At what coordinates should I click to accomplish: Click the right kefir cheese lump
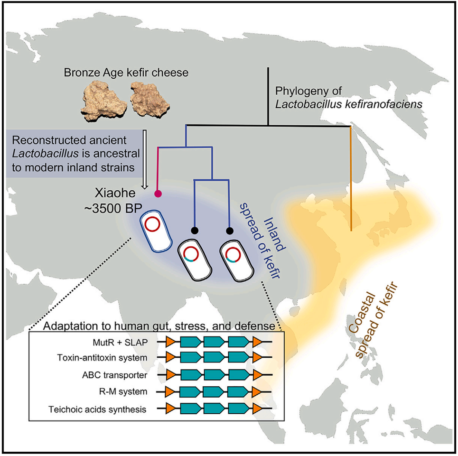point(150,99)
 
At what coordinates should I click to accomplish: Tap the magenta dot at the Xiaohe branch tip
point(158,193)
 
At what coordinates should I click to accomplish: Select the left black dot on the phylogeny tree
point(195,230)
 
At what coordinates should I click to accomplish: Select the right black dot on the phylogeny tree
point(229,231)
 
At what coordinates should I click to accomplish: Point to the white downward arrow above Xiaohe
point(145,159)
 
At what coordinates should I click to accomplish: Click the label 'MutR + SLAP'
point(120,342)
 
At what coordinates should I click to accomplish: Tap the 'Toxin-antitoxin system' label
point(102,358)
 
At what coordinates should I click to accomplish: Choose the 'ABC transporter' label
point(115,375)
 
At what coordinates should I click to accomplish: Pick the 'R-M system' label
point(123,391)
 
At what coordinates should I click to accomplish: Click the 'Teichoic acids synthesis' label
point(97,409)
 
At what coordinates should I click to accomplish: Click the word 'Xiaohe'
point(115,193)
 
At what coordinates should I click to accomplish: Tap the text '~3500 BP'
point(113,208)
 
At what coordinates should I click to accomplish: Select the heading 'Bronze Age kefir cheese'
point(126,72)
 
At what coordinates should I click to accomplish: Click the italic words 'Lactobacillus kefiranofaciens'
point(349,104)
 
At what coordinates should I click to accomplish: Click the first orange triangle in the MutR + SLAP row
point(170,342)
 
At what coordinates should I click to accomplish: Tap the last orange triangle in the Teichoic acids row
point(257,409)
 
